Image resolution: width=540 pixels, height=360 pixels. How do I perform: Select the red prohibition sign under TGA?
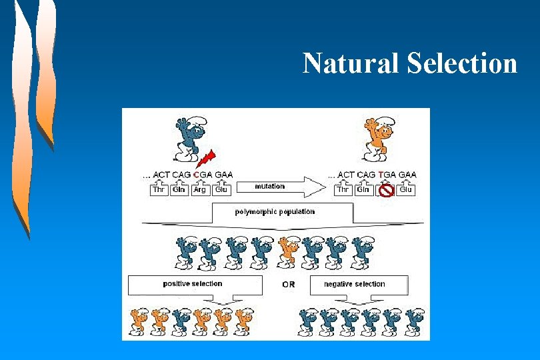(385, 191)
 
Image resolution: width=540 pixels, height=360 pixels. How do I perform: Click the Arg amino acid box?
(199, 190)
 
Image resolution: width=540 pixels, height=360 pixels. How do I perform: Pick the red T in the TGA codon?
(381, 175)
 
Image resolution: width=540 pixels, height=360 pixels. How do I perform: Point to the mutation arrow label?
(269, 186)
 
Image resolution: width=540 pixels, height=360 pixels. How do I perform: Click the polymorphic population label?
(275, 212)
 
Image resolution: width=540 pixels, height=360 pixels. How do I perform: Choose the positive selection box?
(193, 285)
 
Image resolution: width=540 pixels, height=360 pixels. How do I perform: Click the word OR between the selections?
(287, 285)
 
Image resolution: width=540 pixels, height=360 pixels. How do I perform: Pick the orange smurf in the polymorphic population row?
(289, 253)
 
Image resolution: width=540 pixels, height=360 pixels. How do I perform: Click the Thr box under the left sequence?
(159, 190)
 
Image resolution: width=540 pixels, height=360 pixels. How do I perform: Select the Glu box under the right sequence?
(405, 190)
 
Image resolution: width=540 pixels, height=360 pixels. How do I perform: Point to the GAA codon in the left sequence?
(223, 175)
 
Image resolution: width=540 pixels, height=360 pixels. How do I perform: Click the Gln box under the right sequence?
(363, 190)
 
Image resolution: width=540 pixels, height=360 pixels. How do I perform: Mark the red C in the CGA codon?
(197, 175)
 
